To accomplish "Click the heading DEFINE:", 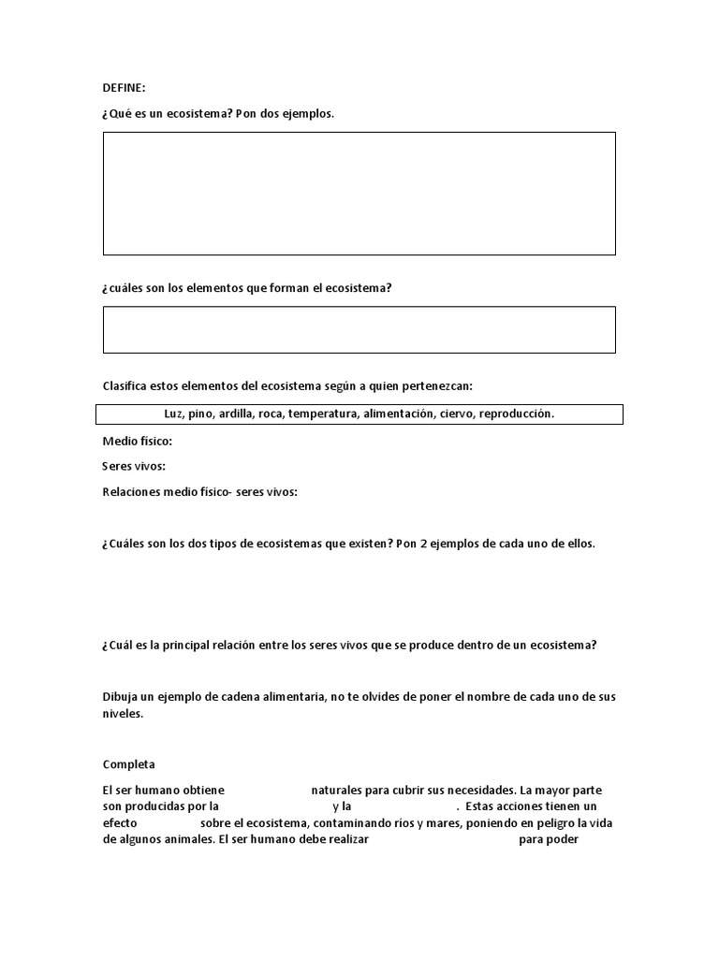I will point(125,88).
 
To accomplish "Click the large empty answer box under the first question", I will point(359,194).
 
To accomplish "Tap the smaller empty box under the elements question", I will point(359,329).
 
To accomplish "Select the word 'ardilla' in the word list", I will point(236,414).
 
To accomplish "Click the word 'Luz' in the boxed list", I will point(173,414).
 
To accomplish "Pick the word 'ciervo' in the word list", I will point(455,414).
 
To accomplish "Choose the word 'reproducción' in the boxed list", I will point(517,414).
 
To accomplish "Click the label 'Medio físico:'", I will point(138,442).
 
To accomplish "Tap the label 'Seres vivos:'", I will point(134,466).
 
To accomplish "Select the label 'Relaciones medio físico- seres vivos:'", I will point(199,491).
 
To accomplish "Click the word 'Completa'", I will point(129,764).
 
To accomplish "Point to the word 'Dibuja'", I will point(123,697).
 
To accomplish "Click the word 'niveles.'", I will point(124,713).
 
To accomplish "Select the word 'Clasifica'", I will point(126,385).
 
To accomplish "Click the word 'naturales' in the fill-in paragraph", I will point(336,791).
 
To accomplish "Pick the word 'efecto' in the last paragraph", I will point(120,822).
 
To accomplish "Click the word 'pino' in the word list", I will point(200,414).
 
